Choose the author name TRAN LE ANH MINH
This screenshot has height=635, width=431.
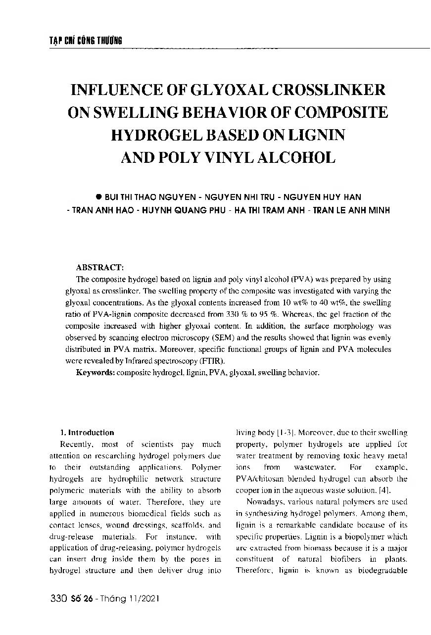coord(351,210)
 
